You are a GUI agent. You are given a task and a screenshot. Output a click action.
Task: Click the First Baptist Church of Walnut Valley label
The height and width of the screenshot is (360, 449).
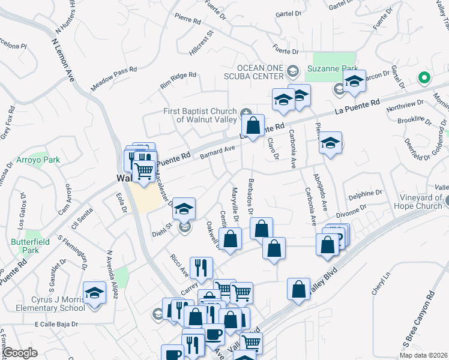click(x=201, y=115)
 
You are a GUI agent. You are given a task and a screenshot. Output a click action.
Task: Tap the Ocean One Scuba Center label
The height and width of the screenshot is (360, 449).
click(x=261, y=71)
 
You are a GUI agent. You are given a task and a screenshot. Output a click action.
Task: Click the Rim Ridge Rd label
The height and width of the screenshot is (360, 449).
click(x=178, y=80)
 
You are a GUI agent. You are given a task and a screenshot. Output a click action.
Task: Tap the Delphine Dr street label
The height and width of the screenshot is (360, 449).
click(x=365, y=193)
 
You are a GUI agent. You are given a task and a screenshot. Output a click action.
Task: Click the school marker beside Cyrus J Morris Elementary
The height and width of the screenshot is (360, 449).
click(x=94, y=293)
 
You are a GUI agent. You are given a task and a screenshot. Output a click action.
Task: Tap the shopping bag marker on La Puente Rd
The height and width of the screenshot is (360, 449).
click(x=253, y=126)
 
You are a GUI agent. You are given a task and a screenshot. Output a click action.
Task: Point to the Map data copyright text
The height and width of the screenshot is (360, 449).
click(x=424, y=355)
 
